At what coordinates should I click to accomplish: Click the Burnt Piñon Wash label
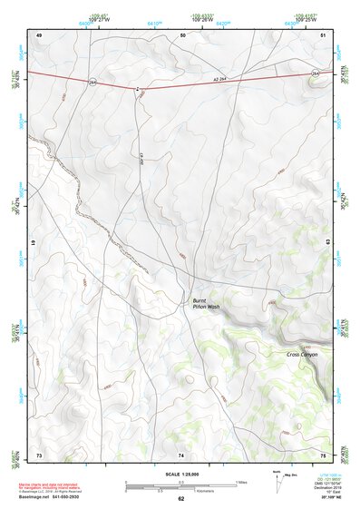[x=207, y=304]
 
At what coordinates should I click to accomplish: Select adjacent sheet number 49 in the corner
[x=39, y=34]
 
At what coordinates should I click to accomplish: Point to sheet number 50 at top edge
[x=182, y=34]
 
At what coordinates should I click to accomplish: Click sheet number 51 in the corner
[x=324, y=34]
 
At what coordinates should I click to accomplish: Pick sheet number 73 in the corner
[x=39, y=454]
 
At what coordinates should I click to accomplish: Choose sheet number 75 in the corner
[x=323, y=454]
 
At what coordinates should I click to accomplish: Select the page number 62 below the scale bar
[x=180, y=499]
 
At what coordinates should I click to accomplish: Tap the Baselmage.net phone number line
[x=54, y=497]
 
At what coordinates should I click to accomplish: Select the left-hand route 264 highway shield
[x=92, y=81]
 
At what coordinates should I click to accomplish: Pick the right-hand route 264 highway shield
[x=316, y=72]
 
